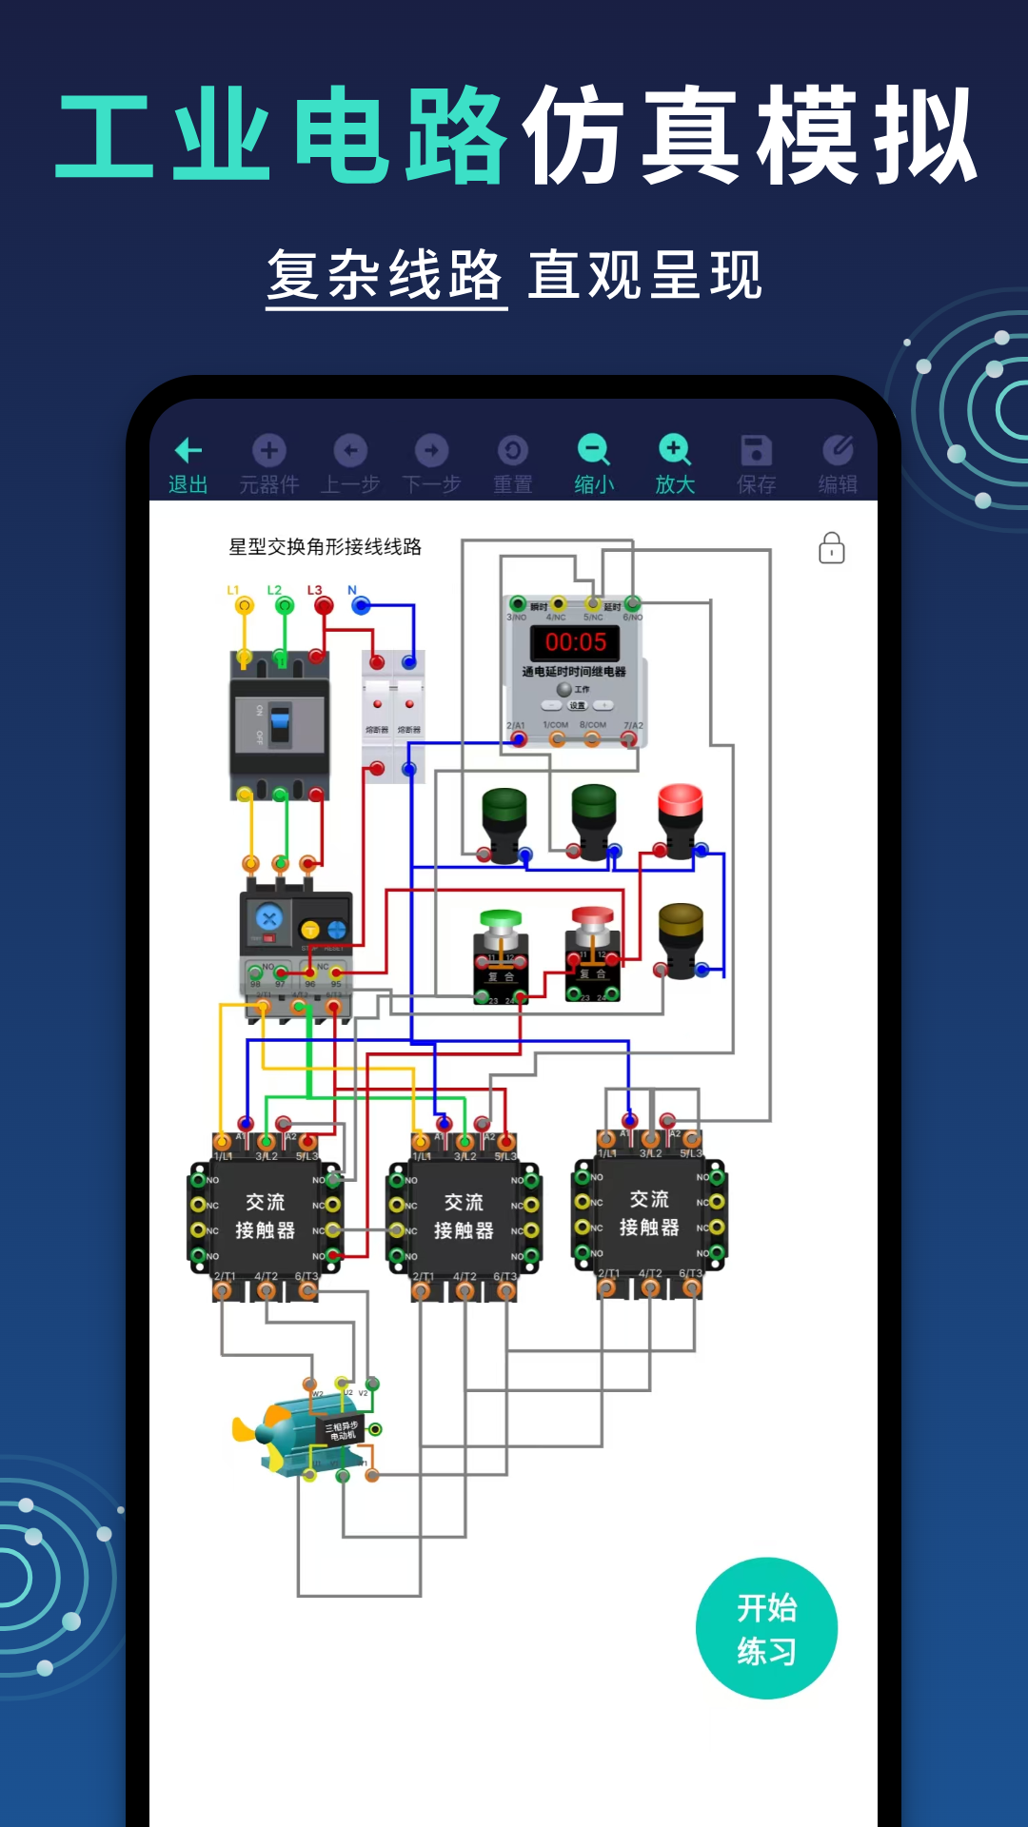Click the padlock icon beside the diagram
pos(832,548)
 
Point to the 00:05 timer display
pos(575,642)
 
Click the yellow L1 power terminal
pos(245,605)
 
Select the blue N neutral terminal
pos(361,605)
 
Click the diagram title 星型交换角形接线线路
pos(325,547)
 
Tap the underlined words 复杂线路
pos(385,276)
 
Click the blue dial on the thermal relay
pos(268,918)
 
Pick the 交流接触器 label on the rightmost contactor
pos(649,1213)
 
